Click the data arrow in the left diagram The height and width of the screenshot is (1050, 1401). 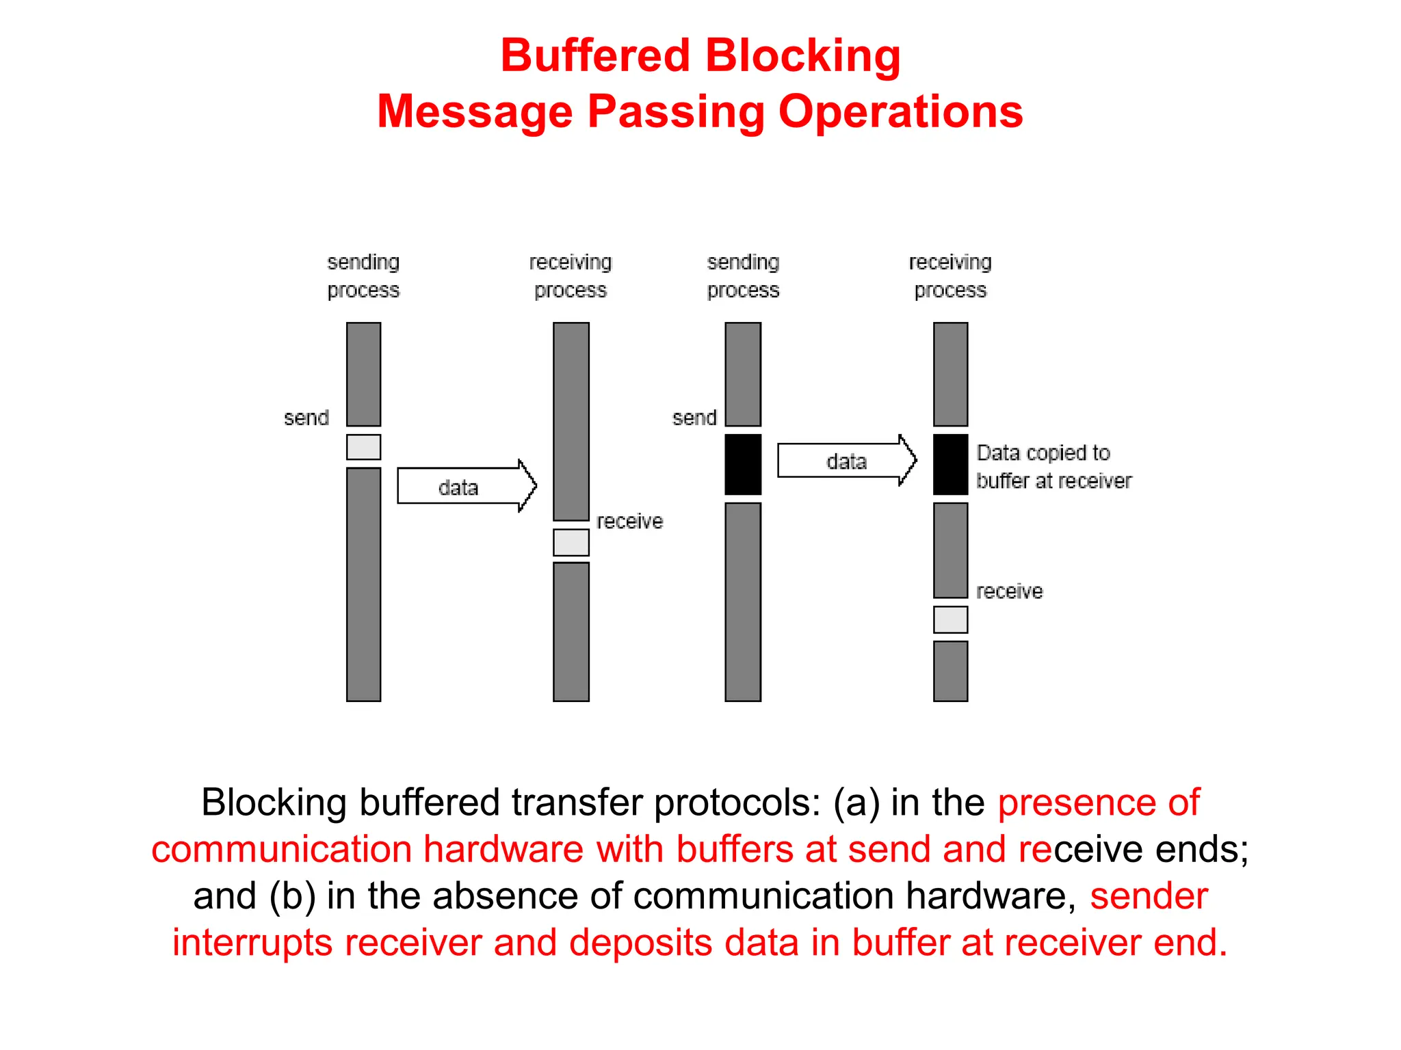tap(465, 486)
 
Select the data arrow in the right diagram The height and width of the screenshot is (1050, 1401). tap(846, 461)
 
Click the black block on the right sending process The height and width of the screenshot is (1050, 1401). tap(743, 464)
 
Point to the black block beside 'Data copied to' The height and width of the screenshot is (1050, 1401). tap(950, 464)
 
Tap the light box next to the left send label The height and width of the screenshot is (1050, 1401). tap(363, 447)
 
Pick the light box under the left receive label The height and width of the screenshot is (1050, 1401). tap(571, 542)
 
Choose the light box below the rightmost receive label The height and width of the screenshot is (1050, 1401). tap(950, 619)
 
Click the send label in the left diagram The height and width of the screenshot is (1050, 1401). tap(306, 418)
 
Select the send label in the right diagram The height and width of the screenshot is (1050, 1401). tap(694, 418)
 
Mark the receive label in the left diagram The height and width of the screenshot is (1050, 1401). tap(629, 522)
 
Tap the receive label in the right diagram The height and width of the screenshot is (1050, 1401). tap(1009, 591)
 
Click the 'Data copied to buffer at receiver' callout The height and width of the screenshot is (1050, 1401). tap(1053, 467)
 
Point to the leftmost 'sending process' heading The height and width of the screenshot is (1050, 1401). tap(363, 276)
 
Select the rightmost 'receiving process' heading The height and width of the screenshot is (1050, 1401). tap(950, 276)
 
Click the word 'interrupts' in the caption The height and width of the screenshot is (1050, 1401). tap(252, 943)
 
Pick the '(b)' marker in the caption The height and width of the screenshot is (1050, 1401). tap(292, 896)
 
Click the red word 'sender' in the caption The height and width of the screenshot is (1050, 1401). tap(1149, 896)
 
